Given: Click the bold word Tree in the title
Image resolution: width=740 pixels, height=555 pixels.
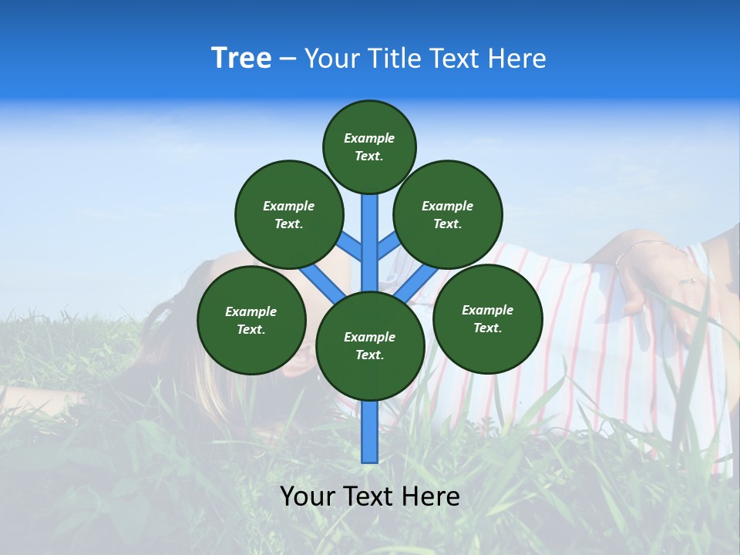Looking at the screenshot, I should (x=241, y=59).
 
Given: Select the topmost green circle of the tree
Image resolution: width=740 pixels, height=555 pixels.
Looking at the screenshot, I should (x=369, y=146).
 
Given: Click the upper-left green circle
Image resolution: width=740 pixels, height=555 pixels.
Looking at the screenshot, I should (x=289, y=214).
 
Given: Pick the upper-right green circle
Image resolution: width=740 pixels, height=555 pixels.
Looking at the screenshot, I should (x=448, y=214).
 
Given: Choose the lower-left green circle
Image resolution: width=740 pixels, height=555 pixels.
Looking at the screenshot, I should (x=251, y=320).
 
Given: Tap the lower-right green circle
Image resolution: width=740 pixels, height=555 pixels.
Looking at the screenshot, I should (x=487, y=318).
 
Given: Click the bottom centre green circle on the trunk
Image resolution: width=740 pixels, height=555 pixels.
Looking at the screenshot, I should (x=370, y=345).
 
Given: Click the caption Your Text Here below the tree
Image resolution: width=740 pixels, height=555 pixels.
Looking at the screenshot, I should (x=370, y=496).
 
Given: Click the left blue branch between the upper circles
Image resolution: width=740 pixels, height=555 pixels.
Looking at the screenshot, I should (x=351, y=247).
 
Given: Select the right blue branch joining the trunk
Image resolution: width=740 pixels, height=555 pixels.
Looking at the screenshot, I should (x=388, y=247).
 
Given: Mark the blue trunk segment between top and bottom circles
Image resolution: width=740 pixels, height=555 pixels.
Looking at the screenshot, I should (x=370, y=239).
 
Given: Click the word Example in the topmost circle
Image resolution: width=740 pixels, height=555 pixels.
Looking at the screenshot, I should (x=369, y=138).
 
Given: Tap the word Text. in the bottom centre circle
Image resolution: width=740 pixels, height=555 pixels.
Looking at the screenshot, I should (x=369, y=355).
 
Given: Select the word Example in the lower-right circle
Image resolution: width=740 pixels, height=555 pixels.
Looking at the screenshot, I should (x=487, y=310).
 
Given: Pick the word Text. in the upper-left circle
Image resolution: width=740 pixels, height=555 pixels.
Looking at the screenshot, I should (x=289, y=224).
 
